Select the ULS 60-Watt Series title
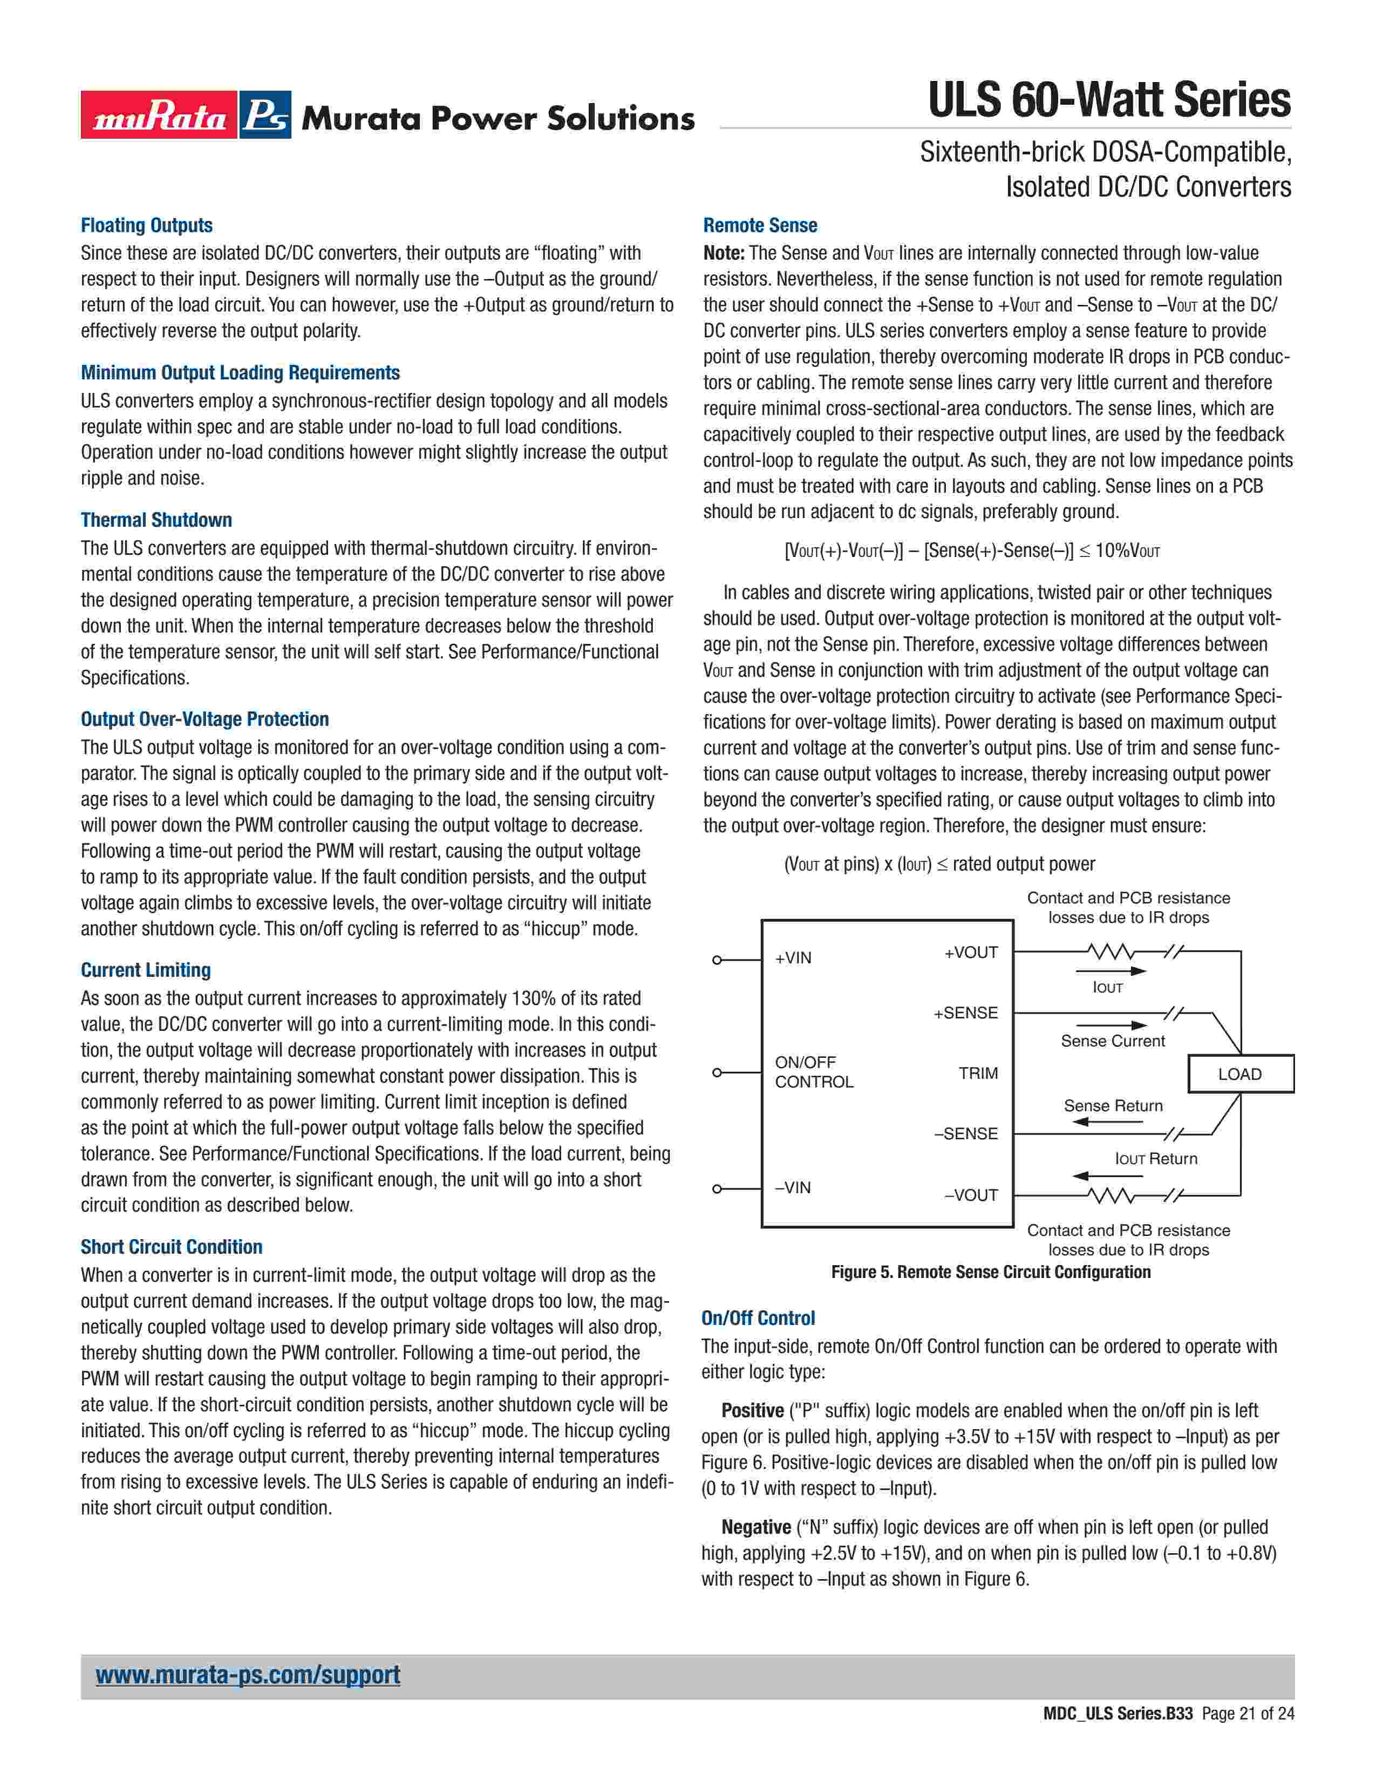click(1109, 100)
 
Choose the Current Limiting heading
click(146, 970)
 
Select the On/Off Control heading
click(758, 1318)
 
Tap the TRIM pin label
click(978, 1073)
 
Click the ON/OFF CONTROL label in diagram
click(814, 1071)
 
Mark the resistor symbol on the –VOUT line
click(1109, 1195)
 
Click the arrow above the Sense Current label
click(1111, 1025)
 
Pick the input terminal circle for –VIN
click(717, 1189)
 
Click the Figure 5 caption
click(990, 1272)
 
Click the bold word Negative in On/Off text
click(755, 1527)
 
